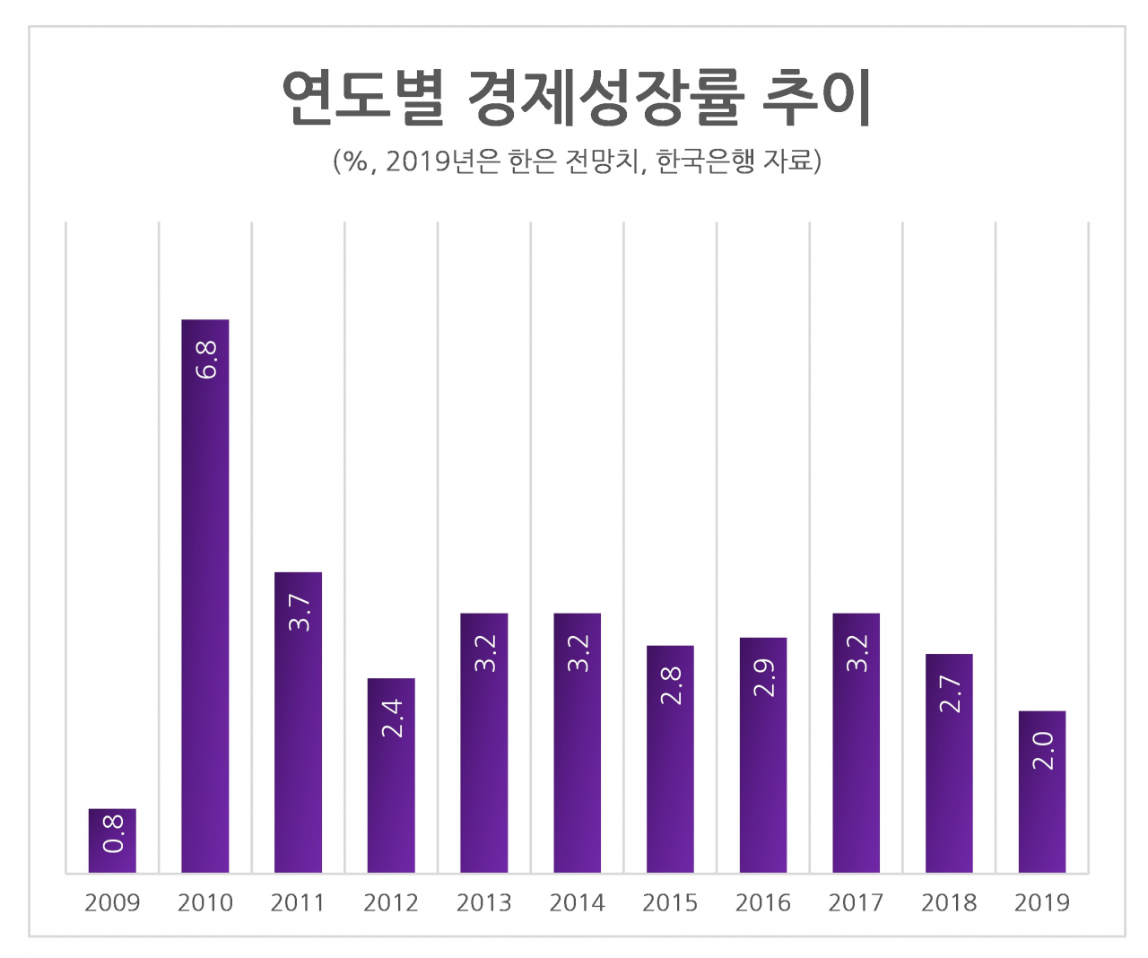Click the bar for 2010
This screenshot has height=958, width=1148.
click(x=205, y=596)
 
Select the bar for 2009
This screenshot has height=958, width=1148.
click(x=112, y=840)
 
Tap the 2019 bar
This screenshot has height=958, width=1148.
click(x=1042, y=791)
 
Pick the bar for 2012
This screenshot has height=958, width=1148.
click(x=391, y=775)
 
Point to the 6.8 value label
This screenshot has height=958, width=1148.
click(x=206, y=361)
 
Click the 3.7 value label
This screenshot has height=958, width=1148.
click(x=300, y=613)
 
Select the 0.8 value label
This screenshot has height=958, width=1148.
click(x=113, y=833)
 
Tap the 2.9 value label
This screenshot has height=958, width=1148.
click(x=764, y=678)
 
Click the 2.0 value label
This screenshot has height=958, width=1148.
click(x=1043, y=751)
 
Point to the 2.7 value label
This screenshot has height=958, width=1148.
click(x=950, y=694)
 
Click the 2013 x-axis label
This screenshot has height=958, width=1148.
click(x=483, y=903)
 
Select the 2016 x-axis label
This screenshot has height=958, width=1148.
click(x=762, y=903)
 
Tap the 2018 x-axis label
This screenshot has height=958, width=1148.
click(x=949, y=903)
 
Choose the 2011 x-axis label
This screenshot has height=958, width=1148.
click(x=298, y=903)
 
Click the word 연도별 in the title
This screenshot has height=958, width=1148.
click(x=363, y=98)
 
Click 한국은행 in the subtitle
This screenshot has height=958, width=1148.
click(x=706, y=161)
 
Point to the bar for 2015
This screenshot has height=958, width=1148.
click(x=670, y=759)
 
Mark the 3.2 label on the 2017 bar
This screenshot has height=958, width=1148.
click(x=857, y=653)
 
